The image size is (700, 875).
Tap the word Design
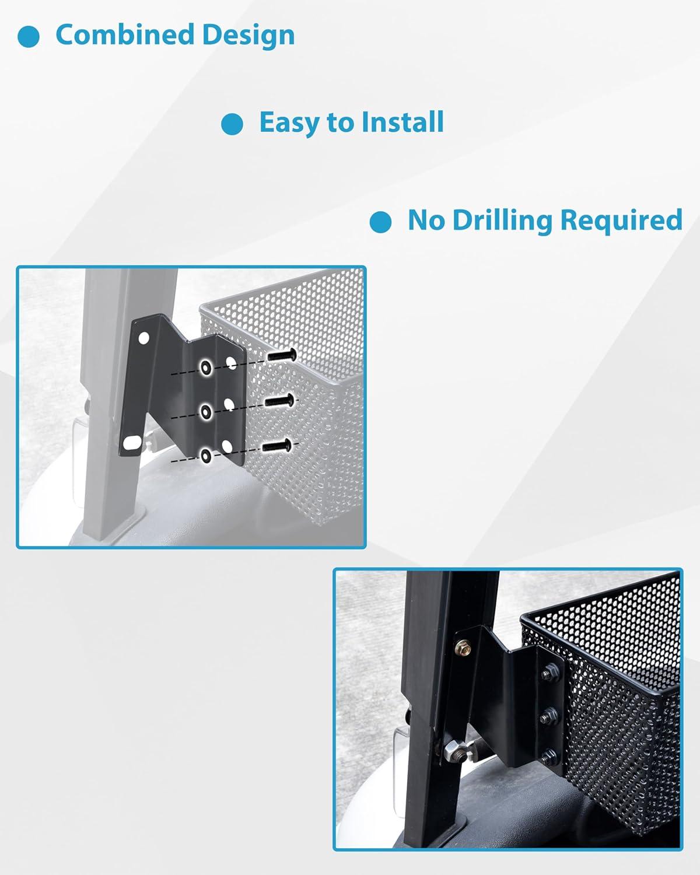tap(249, 36)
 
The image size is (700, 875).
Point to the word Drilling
tap(502, 220)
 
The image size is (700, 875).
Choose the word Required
tap(621, 220)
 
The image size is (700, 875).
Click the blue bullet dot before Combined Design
tap(29, 37)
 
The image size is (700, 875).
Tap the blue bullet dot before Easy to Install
tap(232, 124)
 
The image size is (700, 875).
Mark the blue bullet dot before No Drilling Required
tap(380, 222)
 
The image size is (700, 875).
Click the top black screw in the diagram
tap(282, 355)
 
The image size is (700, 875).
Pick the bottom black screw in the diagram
tap(276, 446)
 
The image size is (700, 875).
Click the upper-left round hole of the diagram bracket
tap(143, 338)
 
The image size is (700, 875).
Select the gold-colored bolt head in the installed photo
tap(463, 646)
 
